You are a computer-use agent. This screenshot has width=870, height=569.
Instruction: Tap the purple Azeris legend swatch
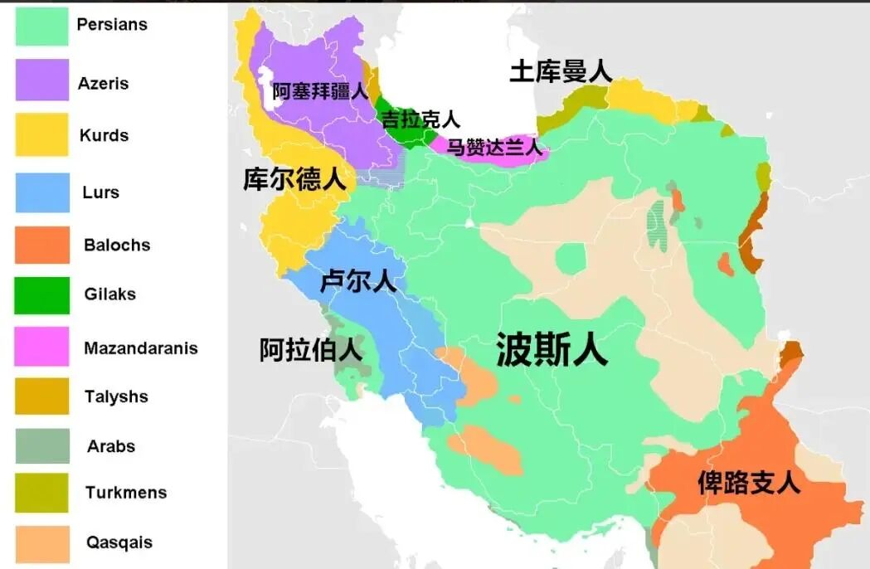tap(41, 80)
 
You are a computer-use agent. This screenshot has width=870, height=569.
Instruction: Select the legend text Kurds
tap(104, 135)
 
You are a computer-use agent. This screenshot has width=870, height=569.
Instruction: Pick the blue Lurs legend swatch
tap(41, 192)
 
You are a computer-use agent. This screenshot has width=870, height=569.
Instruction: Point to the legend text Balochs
tap(117, 246)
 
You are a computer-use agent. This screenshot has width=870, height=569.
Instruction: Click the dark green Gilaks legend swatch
tap(41, 295)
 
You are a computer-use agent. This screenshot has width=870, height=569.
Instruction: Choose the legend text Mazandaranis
tap(140, 348)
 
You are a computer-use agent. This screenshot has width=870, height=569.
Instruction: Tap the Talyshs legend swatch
tap(41, 396)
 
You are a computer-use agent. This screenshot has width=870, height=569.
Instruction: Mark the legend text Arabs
tap(111, 446)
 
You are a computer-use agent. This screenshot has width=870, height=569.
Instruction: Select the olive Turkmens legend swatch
tap(41, 493)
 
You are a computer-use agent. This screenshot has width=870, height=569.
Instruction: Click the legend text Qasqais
tap(119, 543)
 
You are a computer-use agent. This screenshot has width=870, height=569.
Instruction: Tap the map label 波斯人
tap(552, 348)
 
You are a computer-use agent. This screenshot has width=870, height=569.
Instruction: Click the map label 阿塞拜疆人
tap(320, 91)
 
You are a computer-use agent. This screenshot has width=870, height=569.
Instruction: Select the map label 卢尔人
tap(358, 280)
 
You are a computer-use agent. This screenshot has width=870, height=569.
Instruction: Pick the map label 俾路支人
tap(749, 483)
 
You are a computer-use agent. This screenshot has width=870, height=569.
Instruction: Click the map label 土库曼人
tap(561, 72)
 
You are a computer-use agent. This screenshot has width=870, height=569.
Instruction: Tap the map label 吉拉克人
tap(420, 120)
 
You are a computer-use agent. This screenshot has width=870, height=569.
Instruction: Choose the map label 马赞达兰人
tap(494, 148)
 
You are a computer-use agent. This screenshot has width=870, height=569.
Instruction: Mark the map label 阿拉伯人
tap(311, 350)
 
